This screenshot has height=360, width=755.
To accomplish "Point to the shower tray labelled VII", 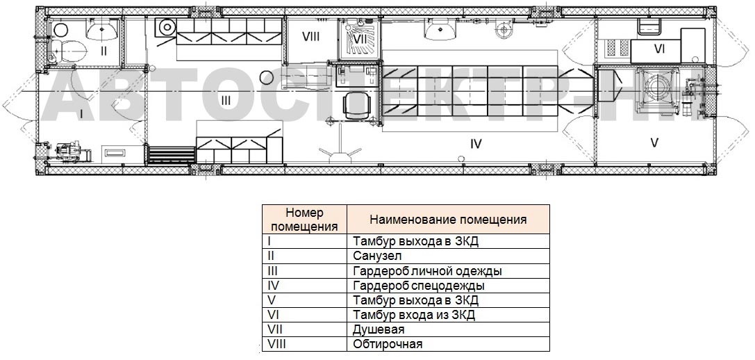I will point(360,39).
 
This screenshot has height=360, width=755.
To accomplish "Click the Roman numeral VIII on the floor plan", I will point(310,37).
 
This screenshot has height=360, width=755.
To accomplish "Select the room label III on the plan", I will point(225,101).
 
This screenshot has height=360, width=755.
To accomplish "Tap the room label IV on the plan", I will point(475,144).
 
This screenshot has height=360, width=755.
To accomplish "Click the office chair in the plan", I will point(359,104).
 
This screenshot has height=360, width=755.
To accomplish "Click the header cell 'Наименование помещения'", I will point(448,220).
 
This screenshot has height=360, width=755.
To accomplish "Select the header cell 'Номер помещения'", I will point(304,220).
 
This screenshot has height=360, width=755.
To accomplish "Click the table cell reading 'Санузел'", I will point(448,256).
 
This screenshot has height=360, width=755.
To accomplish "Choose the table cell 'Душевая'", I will point(448,329).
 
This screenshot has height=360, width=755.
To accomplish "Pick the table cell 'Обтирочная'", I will point(448,344).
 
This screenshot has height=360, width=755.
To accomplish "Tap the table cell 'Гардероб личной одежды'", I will point(448,270).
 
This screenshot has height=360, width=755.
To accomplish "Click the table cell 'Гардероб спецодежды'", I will point(448,285).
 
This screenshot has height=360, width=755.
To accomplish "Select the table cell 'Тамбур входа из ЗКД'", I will point(448,315).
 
